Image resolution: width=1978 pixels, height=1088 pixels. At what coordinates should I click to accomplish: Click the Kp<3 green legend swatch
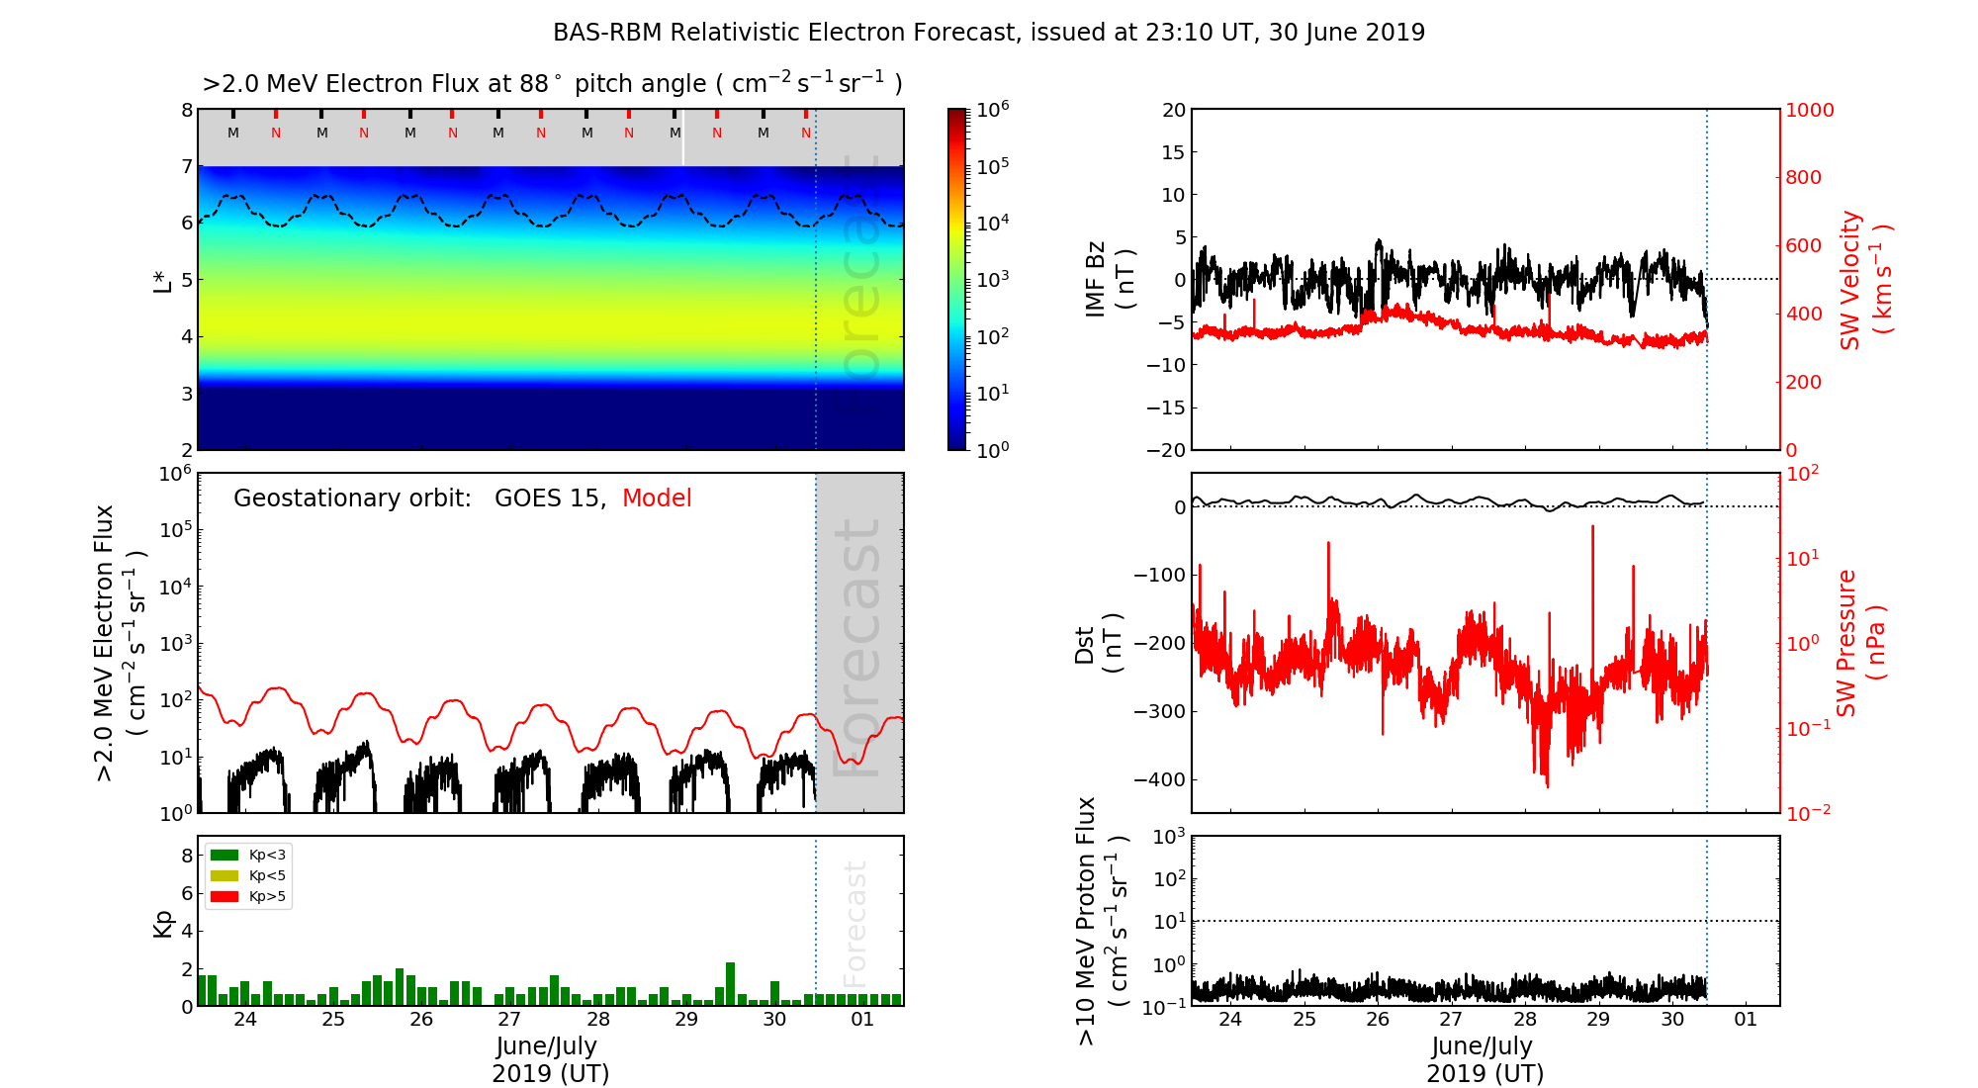coord(225,855)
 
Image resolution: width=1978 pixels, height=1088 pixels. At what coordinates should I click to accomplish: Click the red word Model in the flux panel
coord(657,499)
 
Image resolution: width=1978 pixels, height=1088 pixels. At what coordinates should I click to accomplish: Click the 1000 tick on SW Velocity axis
coord(1809,110)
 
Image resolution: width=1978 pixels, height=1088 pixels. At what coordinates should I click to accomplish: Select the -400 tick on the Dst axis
coord(1158,779)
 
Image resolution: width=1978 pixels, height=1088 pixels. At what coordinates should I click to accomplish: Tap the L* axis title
coord(163,279)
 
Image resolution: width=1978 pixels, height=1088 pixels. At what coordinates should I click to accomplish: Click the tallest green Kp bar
coord(730,983)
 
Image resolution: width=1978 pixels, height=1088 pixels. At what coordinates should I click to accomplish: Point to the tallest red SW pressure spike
coord(1592,528)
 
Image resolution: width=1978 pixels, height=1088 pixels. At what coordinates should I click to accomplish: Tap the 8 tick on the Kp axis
coord(186,856)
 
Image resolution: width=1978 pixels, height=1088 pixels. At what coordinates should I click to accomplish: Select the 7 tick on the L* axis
coord(186,166)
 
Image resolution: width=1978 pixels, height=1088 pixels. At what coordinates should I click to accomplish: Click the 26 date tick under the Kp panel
coord(421,1020)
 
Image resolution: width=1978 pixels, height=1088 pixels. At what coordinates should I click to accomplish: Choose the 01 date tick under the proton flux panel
coord(1746,1020)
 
